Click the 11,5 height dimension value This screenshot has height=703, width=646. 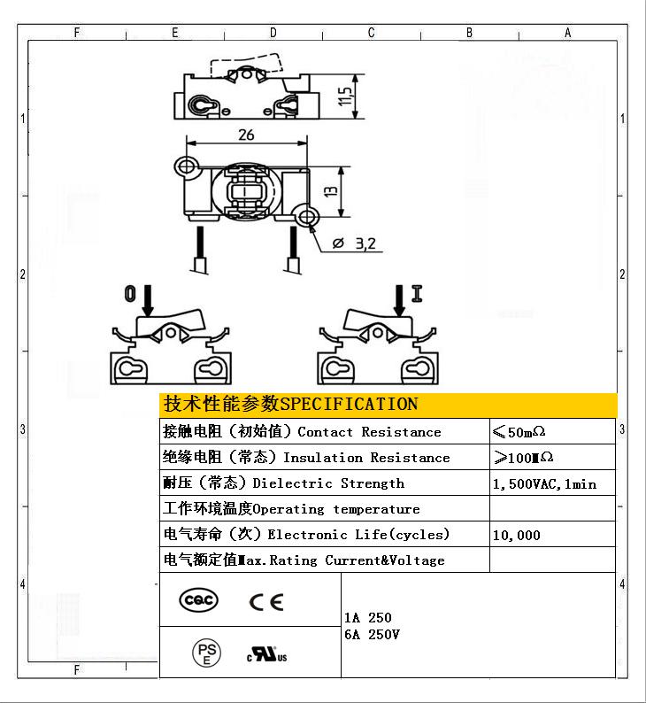345,97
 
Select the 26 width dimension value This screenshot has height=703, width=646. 246,135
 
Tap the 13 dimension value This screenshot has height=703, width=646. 330,191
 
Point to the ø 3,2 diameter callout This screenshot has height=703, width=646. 354,243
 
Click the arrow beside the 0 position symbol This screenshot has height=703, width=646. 148,300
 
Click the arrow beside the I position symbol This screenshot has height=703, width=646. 399,300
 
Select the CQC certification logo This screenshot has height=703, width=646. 198,600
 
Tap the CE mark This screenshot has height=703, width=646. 266,602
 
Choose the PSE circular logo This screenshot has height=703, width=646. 206,653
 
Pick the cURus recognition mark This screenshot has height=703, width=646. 267,654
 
